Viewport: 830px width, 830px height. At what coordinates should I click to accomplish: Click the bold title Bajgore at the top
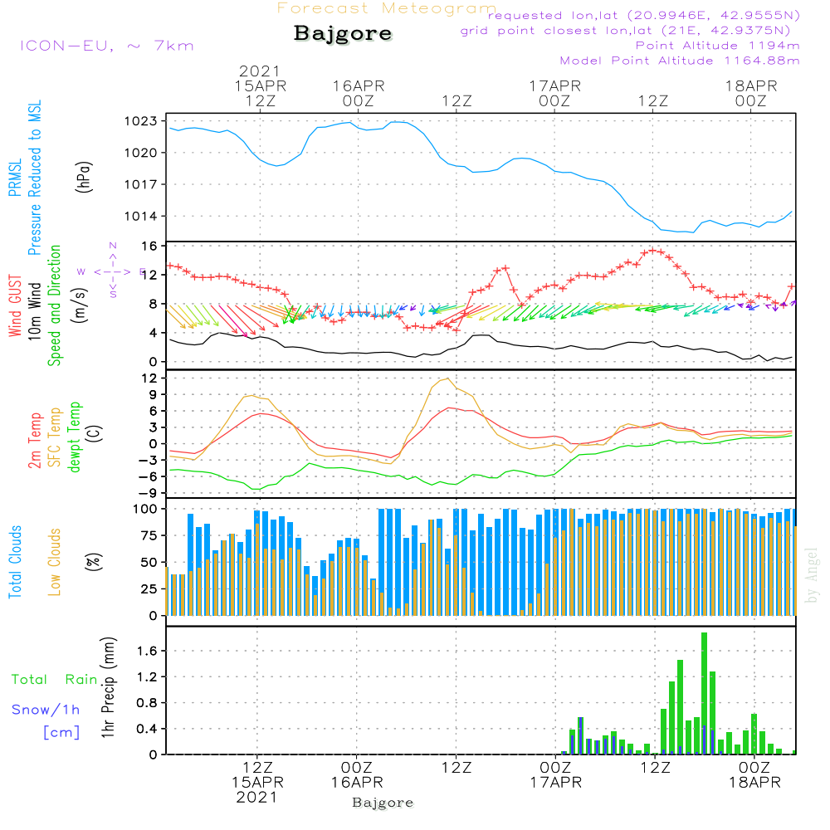pos(343,33)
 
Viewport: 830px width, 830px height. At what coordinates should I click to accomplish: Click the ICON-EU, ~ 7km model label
pos(107,46)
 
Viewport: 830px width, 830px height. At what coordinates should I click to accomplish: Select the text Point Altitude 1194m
pos(717,46)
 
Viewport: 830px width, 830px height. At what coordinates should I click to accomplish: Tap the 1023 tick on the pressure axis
pos(141,121)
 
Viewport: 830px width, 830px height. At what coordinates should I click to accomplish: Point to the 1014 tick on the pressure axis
pos(141,216)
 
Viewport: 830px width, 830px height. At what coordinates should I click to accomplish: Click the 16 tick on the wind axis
pos(149,247)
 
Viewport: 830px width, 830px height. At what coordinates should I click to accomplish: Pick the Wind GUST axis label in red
pos(15,305)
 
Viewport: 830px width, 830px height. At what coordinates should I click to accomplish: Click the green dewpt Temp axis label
pos(74,437)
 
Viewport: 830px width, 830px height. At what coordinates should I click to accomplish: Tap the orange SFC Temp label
pos(55,437)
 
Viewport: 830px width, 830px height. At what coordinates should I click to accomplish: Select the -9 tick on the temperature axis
pos(149,493)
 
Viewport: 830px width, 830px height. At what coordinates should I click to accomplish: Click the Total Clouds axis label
pos(15,562)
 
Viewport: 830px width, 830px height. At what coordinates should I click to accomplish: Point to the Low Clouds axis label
pos(55,562)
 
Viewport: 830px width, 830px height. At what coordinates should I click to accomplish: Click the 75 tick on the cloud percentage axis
pos(149,535)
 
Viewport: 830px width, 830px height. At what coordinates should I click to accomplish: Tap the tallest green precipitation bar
pos(704,693)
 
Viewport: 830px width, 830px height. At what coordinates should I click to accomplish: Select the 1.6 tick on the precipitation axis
pos(147,651)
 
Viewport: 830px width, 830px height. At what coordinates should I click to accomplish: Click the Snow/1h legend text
pos(46,710)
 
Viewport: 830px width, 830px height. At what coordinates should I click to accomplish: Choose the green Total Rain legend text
pos(55,680)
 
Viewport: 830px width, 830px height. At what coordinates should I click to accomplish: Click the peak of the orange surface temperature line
pos(448,378)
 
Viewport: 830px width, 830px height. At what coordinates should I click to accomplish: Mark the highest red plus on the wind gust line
pos(652,251)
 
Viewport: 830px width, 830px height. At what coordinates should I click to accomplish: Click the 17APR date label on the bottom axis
pos(556,783)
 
